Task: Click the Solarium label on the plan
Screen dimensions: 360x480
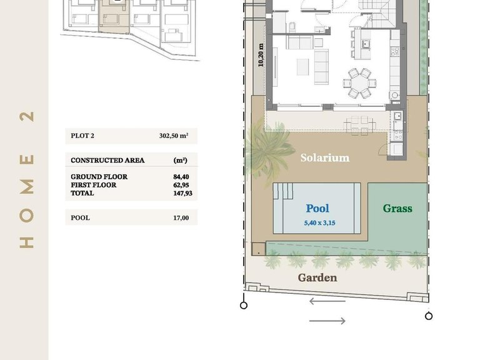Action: click(324, 157)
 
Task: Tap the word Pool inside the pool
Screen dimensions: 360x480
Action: click(317, 208)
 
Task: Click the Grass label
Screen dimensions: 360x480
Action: click(397, 208)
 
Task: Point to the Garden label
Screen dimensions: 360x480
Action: click(317, 277)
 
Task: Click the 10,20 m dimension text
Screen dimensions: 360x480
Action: click(261, 54)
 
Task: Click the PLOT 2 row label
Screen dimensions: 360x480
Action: click(82, 135)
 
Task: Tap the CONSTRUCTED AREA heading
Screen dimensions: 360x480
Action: click(107, 160)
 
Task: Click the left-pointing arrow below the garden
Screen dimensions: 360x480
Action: click(327, 301)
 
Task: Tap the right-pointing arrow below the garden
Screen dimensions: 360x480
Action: click(327, 321)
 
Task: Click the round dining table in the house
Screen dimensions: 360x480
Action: click(360, 82)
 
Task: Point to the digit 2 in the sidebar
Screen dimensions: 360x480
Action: click(26, 116)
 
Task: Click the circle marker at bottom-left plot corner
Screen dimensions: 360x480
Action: click(244, 305)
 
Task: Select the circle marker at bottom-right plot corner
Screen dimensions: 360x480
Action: click(429, 316)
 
